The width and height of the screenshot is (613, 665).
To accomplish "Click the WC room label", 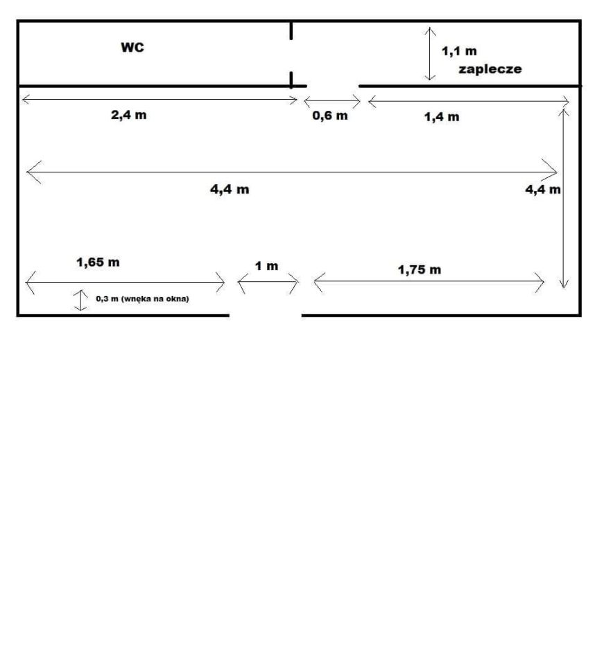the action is click(132, 47).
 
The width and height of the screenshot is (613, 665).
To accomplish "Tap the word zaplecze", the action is click(490, 69).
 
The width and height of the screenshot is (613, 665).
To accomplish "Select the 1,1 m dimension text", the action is click(459, 51).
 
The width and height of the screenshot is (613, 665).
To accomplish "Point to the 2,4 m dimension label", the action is click(128, 115).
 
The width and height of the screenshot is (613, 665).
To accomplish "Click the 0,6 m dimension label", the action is click(330, 116).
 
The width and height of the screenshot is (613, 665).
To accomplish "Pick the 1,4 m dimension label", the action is click(442, 116).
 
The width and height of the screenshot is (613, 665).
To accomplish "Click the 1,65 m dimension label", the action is click(98, 263).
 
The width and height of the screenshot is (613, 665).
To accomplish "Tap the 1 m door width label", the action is click(266, 266).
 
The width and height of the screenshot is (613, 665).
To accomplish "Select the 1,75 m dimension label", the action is click(419, 269).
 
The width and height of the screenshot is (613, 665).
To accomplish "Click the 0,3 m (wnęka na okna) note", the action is click(142, 299).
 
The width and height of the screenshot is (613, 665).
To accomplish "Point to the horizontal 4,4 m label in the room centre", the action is click(230, 189).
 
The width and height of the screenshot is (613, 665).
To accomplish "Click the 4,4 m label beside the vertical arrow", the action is click(543, 189).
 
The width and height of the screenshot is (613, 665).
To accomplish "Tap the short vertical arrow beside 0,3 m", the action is click(80, 300).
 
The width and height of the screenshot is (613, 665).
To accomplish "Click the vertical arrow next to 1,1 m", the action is click(430, 54).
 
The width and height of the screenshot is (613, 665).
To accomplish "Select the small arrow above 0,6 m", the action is click(332, 101).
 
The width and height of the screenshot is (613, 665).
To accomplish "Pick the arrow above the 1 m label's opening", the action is click(268, 281).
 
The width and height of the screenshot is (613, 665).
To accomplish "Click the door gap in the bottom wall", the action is click(266, 315).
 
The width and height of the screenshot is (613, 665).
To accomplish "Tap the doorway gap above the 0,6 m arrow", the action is click(333, 86).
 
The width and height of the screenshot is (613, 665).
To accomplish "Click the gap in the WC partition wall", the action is click(291, 55).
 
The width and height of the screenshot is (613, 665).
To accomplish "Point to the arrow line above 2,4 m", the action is click(159, 100).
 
